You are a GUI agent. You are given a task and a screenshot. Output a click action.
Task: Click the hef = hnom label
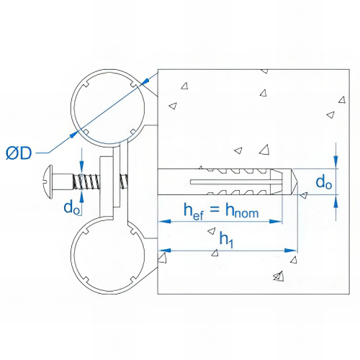[220, 210]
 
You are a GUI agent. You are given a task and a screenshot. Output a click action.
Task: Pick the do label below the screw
[72, 208]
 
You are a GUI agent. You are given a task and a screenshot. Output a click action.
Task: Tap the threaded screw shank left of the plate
[86, 180]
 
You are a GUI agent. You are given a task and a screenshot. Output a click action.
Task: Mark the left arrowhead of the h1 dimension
[162, 251]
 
